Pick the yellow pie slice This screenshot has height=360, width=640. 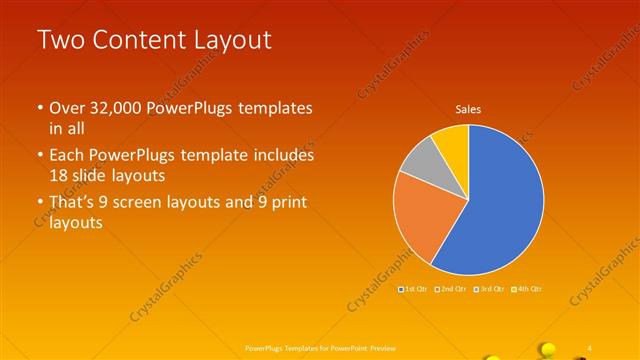tap(452, 140)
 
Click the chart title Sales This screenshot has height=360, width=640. tap(469, 109)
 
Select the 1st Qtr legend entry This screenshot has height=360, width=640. tap(414, 289)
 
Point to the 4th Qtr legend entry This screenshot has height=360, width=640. tap(527, 289)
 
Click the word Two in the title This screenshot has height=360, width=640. tap(60, 40)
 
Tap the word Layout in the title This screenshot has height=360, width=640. tap(232, 40)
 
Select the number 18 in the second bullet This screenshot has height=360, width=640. tap(60, 174)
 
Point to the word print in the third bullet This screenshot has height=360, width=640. tap(290, 204)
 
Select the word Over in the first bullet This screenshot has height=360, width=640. tap(68, 109)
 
